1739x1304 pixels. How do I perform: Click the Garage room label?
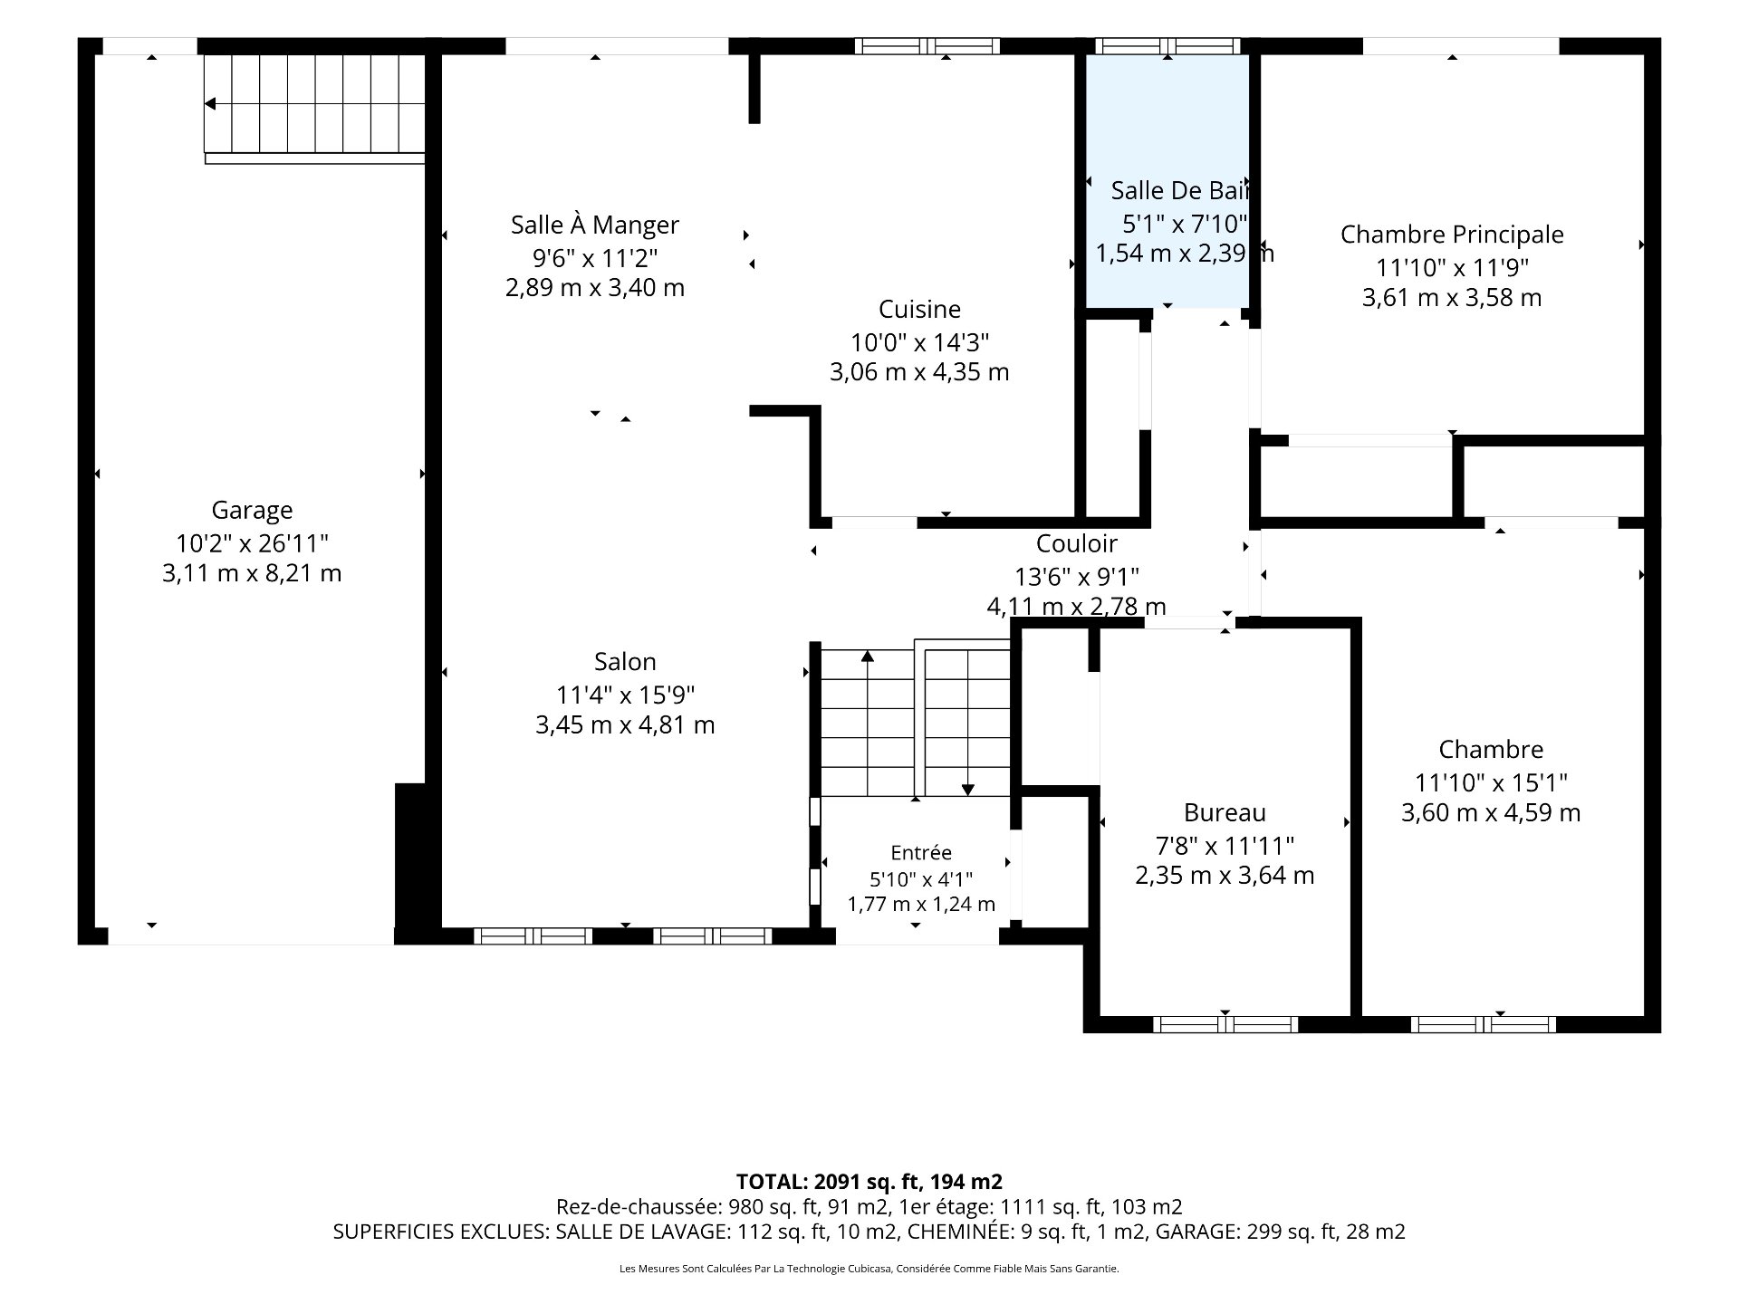pos(252,511)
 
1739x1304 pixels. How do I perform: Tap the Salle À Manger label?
pos(595,225)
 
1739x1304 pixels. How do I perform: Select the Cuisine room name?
pos(919,310)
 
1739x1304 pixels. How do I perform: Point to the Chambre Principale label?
pos(1452,235)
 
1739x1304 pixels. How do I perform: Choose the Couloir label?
pos(1076,543)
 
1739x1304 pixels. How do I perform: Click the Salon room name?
pos(625,662)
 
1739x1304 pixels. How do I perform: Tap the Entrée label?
pos(921,853)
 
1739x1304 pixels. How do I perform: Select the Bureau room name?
pos(1225,813)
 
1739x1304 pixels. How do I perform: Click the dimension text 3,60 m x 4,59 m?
pos(1491,813)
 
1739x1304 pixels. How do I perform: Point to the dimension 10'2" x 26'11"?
pos(252,543)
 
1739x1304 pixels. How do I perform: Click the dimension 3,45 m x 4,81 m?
pos(625,725)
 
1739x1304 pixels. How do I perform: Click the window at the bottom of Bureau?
pos(1225,1024)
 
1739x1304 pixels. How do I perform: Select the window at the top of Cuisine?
pos(927,46)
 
